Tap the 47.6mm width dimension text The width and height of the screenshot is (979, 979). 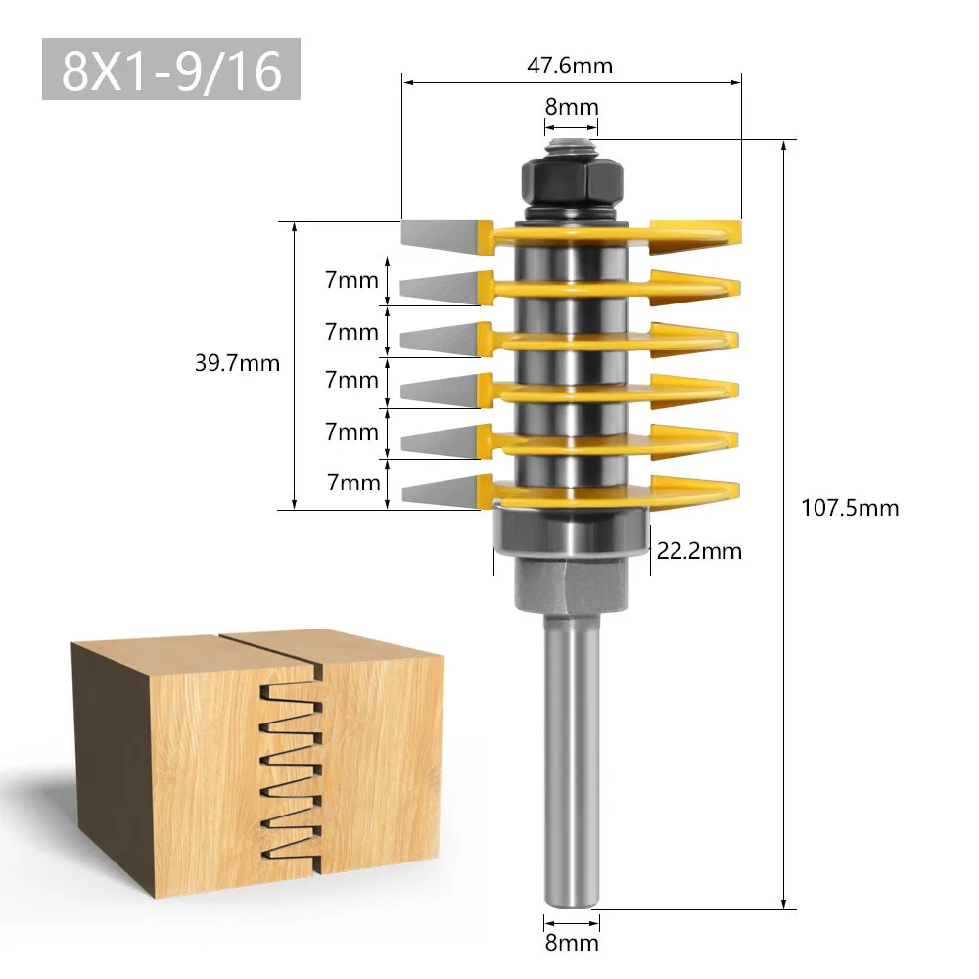(571, 66)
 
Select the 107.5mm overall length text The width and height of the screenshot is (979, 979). (849, 508)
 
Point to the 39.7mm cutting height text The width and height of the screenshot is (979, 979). (237, 364)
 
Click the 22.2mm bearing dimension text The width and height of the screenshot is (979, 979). (699, 551)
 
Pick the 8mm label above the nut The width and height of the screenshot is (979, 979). (571, 107)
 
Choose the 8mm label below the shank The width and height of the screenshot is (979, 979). (571, 943)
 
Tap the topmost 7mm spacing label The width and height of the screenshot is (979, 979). (351, 281)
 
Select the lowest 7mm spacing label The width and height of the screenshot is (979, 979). (351, 482)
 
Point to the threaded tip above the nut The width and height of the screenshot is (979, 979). (571, 146)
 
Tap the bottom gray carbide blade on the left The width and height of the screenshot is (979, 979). (439, 489)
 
